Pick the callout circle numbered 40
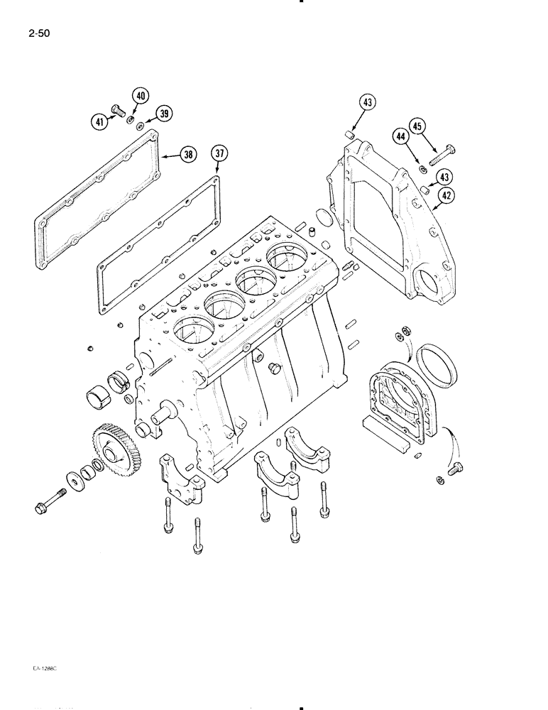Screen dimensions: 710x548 pyautogui.click(x=140, y=96)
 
